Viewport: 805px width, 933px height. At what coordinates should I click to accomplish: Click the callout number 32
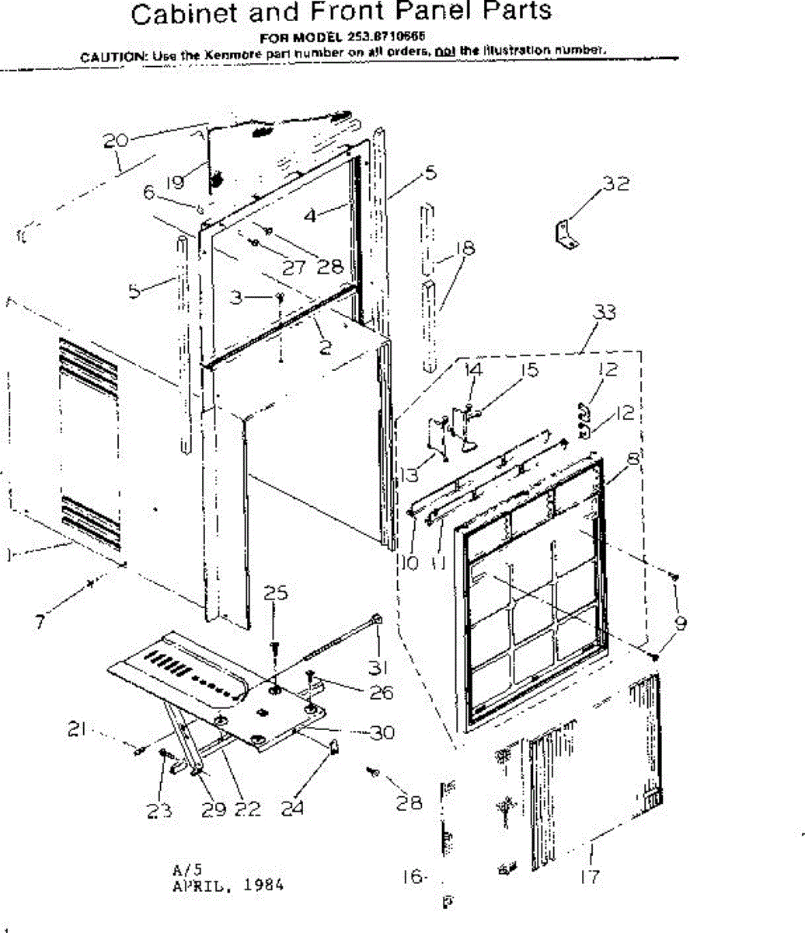[x=616, y=184]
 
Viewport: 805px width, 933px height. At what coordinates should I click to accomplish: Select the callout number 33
[x=604, y=312]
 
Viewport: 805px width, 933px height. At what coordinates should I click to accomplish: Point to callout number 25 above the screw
[x=275, y=593]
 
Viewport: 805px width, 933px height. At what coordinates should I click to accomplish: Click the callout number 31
[x=378, y=666]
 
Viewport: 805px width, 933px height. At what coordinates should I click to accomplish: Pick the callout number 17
[x=590, y=876]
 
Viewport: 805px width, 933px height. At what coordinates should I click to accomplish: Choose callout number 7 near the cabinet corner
[x=40, y=620]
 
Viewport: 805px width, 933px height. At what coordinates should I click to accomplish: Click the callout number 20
[x=115, y=141]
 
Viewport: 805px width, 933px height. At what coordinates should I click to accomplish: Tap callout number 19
[x=175, y=182]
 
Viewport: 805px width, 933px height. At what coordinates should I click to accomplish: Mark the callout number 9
[x=681, y=622]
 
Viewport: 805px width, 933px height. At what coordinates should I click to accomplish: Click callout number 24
[x=292, y=809]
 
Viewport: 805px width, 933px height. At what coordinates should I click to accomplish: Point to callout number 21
[x=76, y=731]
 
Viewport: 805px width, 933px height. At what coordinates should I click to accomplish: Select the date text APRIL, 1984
[x=227, y=886]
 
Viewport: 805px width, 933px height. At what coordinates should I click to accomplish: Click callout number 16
[x=413, y=877]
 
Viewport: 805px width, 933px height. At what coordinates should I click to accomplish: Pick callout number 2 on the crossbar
[x=326, y=348]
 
